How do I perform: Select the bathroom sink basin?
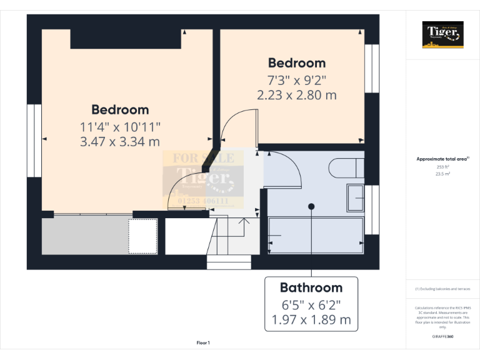(356, 199)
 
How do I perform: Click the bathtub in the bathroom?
(316, 235)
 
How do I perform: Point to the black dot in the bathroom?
(311, 206)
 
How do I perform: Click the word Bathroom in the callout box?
(311, 287)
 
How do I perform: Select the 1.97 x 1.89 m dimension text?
(311, 321)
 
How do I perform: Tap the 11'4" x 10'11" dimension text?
(120, 126)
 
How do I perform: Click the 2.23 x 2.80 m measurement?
(296, 95)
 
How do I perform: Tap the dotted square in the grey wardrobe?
(142, 236)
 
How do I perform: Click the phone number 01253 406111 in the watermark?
(203, 201)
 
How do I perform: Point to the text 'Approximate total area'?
(442, 159)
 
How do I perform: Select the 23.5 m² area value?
(442, 174)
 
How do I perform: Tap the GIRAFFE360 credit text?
(442, 336)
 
